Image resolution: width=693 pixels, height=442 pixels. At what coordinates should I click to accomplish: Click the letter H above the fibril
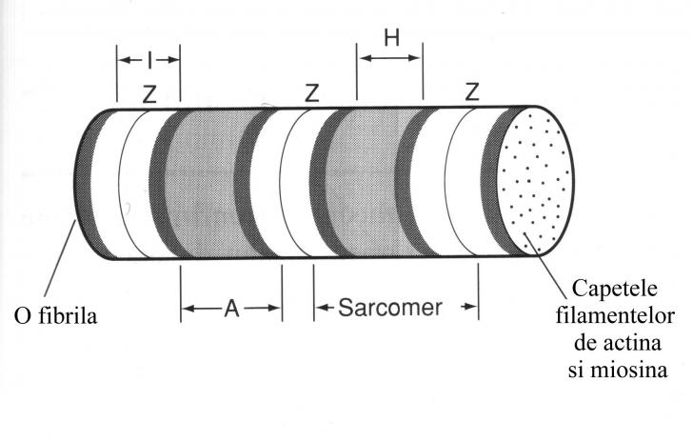(x=390, y=38)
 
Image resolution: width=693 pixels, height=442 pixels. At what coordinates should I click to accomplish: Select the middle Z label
(x=311, y=93)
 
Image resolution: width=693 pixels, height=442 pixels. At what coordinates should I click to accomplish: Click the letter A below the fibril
(x=231, y=309)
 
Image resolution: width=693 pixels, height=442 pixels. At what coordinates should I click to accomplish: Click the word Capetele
(x=618, y=288)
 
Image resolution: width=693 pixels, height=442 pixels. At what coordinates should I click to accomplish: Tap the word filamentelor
(x=620, y=314)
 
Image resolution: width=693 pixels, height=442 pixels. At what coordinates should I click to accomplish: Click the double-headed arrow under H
(x=389, y=58)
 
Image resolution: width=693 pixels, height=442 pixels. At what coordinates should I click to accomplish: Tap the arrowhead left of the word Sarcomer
(x=321, y=308)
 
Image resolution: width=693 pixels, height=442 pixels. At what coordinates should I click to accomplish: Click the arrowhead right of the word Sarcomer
(x=469, y=308)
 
